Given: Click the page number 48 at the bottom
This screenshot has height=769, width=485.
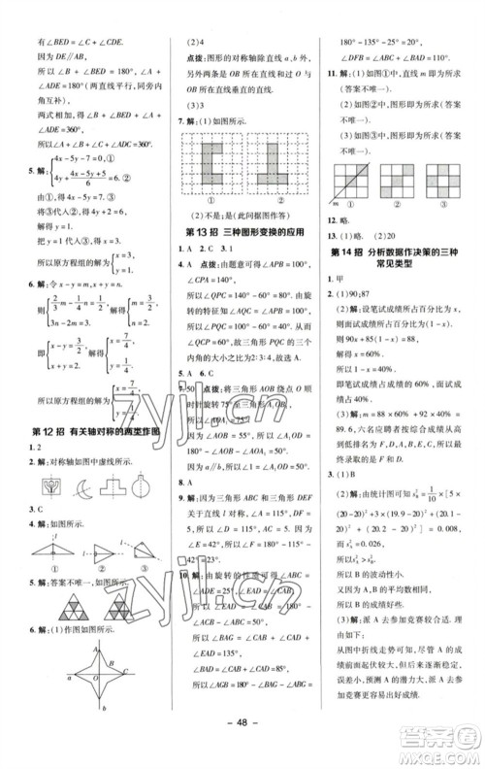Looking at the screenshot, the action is coord(240,746).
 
